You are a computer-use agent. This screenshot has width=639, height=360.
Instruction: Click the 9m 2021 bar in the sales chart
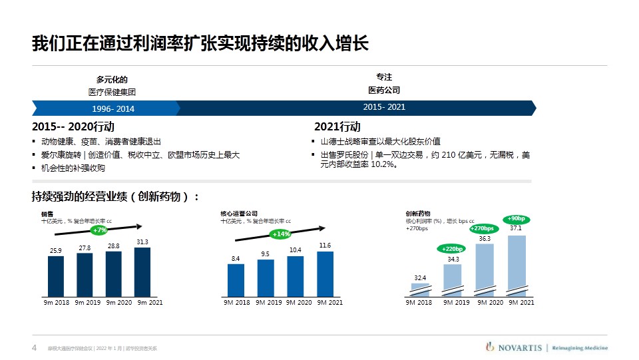click(x=142, y=271)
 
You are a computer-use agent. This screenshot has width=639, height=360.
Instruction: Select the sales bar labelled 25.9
click(x=56, y=275)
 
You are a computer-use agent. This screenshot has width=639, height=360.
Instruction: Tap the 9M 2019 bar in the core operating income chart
click(x=265, y=277)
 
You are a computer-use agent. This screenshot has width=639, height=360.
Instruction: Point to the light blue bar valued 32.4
click(x=420, y=289)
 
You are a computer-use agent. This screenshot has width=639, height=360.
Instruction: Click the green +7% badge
click(x=100, y=230)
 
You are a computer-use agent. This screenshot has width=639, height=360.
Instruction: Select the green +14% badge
click(x=281, y=234)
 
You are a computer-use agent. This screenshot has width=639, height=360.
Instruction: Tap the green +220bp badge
click(x=451, y=249)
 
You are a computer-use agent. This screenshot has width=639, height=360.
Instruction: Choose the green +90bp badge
click(x=516, y=218)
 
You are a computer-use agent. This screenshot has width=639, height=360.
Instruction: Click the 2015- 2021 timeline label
click(x=384, y=107)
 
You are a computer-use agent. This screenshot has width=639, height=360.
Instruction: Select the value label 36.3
click(x=485, y=238)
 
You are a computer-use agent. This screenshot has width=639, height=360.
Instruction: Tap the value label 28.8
click(x=113, y=246)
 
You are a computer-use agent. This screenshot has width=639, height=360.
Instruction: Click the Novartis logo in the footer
click(x=515, y=347)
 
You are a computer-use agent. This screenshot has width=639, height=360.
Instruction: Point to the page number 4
click(x=34, y=347)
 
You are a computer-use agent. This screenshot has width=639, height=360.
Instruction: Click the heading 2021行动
click(x=337, y=127)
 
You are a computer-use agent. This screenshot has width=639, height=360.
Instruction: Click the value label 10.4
click(x=295, y=250)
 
